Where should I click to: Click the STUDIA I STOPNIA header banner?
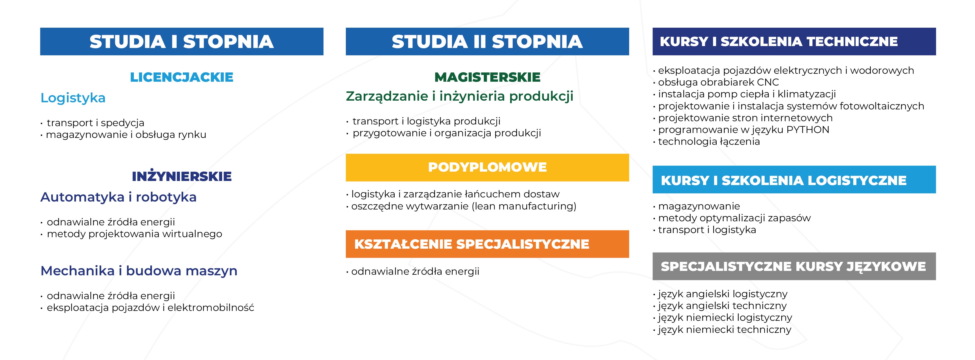point(182,42)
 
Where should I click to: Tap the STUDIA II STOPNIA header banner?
point(487,42)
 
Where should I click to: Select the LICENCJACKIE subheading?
point(182,77)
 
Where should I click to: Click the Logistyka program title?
point(73,98)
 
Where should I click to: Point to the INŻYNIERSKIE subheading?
point(182,176)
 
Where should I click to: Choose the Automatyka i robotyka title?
point(118,197)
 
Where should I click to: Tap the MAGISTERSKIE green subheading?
point(487,77)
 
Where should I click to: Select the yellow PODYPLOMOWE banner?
point(487,167)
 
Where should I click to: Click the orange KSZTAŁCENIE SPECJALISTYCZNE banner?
point(487,244)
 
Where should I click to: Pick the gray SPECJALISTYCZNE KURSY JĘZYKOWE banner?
point(794,267)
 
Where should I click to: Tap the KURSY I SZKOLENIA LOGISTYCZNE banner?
point(794,180)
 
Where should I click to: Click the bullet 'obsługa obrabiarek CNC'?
point(718,82)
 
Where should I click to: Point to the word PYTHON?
point(807,130)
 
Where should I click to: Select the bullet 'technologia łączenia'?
point(708,141)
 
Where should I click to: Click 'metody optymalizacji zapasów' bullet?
point(734,218)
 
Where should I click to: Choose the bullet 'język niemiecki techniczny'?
point(724,330)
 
